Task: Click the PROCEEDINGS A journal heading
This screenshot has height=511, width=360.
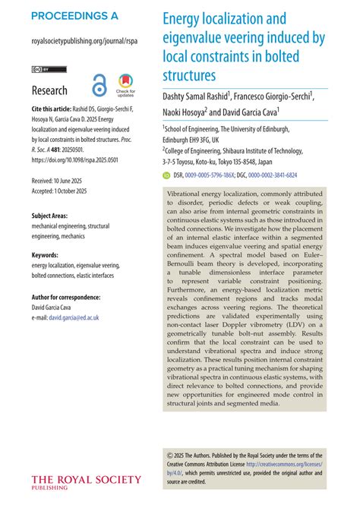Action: click(74, 16)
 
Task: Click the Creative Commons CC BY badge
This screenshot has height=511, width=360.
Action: click(48, 69)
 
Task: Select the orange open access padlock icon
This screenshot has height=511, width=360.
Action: click(99, 86)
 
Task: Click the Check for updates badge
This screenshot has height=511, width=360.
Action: click(125, 86)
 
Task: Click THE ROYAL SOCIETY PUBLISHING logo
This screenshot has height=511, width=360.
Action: click(85, 481)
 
